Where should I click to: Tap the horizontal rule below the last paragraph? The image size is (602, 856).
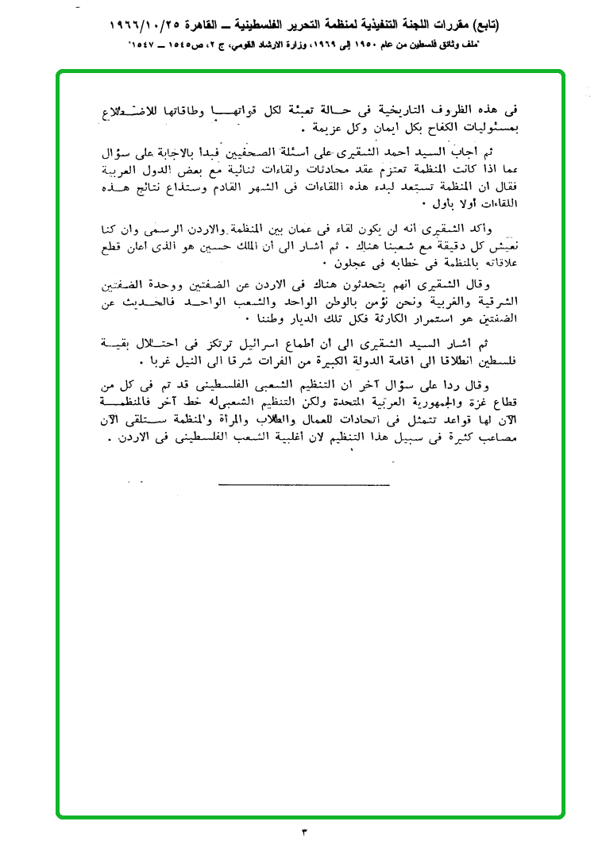[303, 484]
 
